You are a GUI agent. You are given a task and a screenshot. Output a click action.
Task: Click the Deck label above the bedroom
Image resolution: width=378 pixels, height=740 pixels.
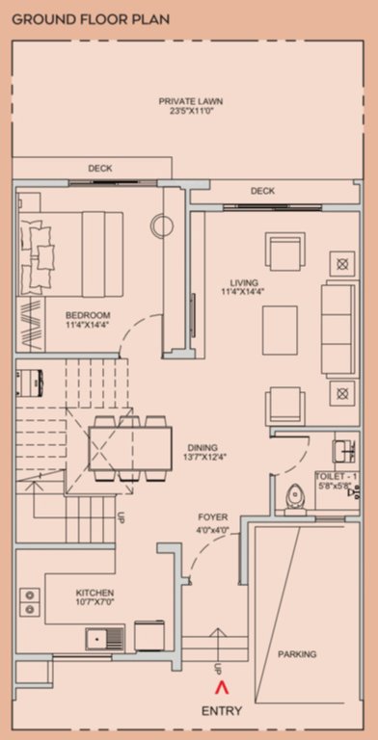click(100, 168)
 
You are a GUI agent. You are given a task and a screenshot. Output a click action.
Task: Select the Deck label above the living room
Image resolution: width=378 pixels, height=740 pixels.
click(262, 191)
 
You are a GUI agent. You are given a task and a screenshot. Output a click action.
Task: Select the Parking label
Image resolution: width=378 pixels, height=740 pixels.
click(297, 654)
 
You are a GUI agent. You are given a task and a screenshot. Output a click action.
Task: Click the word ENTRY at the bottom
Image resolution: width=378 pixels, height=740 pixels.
click(221, 711)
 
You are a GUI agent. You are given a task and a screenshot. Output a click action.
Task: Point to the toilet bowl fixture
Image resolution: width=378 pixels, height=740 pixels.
click(296, 494)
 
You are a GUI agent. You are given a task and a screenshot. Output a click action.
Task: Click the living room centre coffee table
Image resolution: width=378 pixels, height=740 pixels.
click(280, 324)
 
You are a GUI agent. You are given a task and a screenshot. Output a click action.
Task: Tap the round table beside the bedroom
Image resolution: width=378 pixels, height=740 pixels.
click(161, 226)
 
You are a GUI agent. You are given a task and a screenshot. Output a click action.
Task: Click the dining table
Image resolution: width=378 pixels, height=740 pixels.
click(129, 448)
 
